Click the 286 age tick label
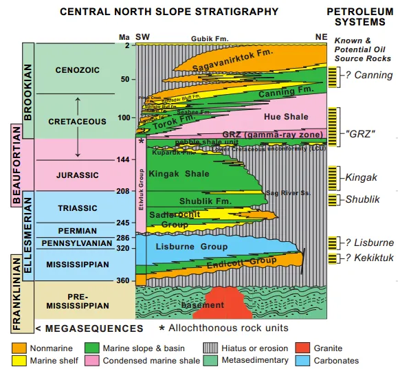[x=124, y=237]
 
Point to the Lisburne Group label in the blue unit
[x=195, y=246]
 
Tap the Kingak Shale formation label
[x=178, y=173]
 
